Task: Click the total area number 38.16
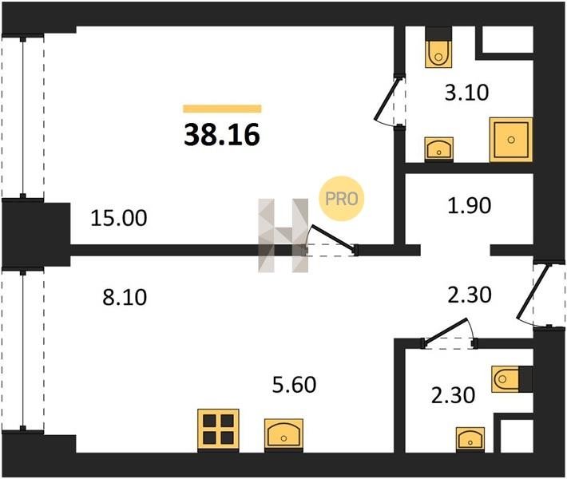[x=222, y=134]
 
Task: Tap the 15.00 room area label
[x=119, y=219]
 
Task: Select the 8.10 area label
[x=125, y=298]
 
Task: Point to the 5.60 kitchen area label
[x=294, y=385]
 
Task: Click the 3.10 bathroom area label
[x=466, y=92]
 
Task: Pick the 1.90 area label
[x=469, y=206]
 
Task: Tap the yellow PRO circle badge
[x=341, y=199]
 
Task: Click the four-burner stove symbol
[x=218, y=430]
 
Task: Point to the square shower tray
[x=511, y=140]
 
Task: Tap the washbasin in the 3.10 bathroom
[x=439, y=148]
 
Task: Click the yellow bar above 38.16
[x=222, y=109]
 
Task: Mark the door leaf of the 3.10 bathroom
[x=387, y=98]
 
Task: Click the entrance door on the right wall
[x=533, y=292]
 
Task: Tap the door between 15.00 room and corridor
[x=332, y=238]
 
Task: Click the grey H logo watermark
[x=283, y=236]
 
